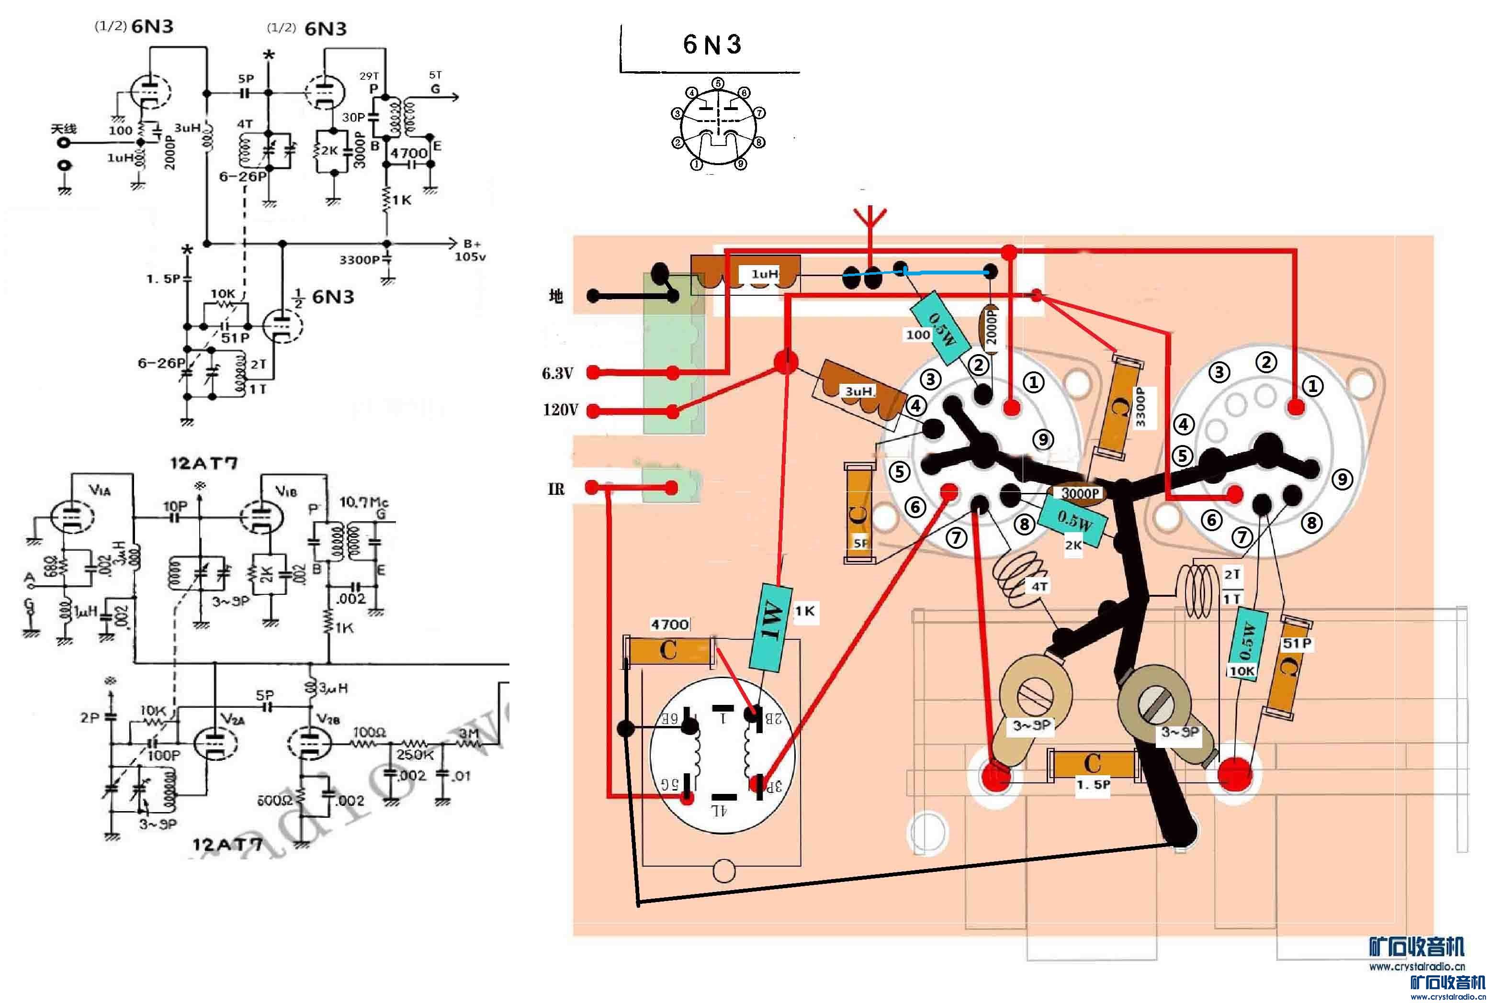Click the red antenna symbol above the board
point(869,221)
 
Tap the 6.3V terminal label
point(557,373)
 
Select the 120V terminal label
point(559,410)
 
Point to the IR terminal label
point(555,490)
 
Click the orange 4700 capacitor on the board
point(669,651)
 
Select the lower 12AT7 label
point(227,844)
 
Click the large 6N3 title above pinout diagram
point(711,44)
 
